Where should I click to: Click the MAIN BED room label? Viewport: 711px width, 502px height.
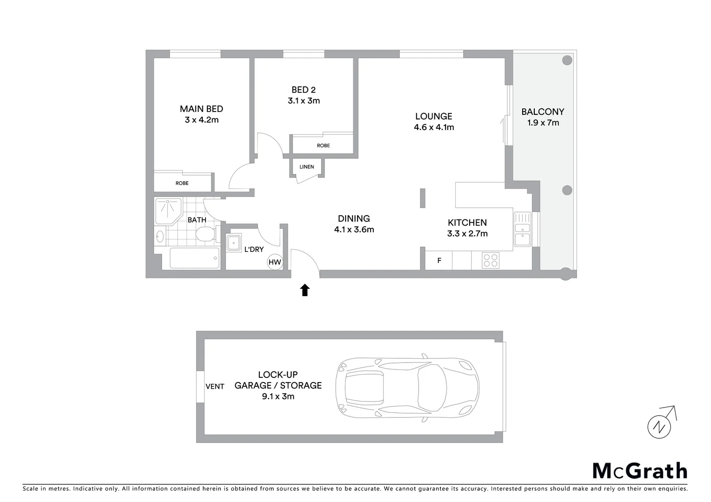point(201,109)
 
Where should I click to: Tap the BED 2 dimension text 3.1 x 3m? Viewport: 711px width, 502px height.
point(304,101)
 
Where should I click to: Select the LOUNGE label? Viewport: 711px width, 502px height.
point(433,116)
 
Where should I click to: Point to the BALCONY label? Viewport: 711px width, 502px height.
point(543,112)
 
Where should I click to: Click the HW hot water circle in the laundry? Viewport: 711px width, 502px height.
point(275,262)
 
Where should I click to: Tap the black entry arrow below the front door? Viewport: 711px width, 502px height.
point(305,290)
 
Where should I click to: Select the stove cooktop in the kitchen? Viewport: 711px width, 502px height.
point(491,260)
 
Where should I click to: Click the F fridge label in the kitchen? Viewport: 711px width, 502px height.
point(439,261)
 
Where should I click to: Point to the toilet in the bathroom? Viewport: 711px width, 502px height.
point(205,234)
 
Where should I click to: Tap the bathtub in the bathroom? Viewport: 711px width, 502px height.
point(194,258)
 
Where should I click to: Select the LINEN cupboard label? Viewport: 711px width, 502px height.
point(306,167)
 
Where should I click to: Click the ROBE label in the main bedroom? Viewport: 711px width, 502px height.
point(182,183)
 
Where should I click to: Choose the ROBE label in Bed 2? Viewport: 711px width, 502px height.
point(323,145)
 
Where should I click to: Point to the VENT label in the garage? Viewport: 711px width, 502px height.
point(215,386)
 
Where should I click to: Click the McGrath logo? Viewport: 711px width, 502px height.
point(639,471)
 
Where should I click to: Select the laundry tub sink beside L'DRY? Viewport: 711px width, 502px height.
point(233,243)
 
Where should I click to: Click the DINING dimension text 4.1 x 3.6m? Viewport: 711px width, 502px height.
point(354,230)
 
